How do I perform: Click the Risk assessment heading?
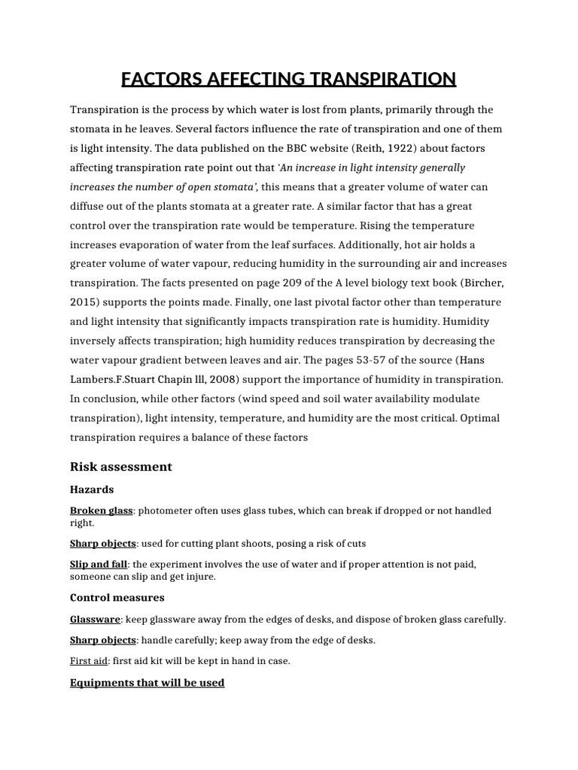121,467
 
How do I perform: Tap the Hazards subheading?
92,490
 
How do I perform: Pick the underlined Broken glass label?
101,511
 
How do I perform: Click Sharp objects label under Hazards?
103,543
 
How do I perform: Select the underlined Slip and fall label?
99,564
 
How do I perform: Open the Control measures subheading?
117,598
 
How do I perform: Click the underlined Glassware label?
95,619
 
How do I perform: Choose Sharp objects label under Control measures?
103,640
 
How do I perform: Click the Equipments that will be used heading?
147,683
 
